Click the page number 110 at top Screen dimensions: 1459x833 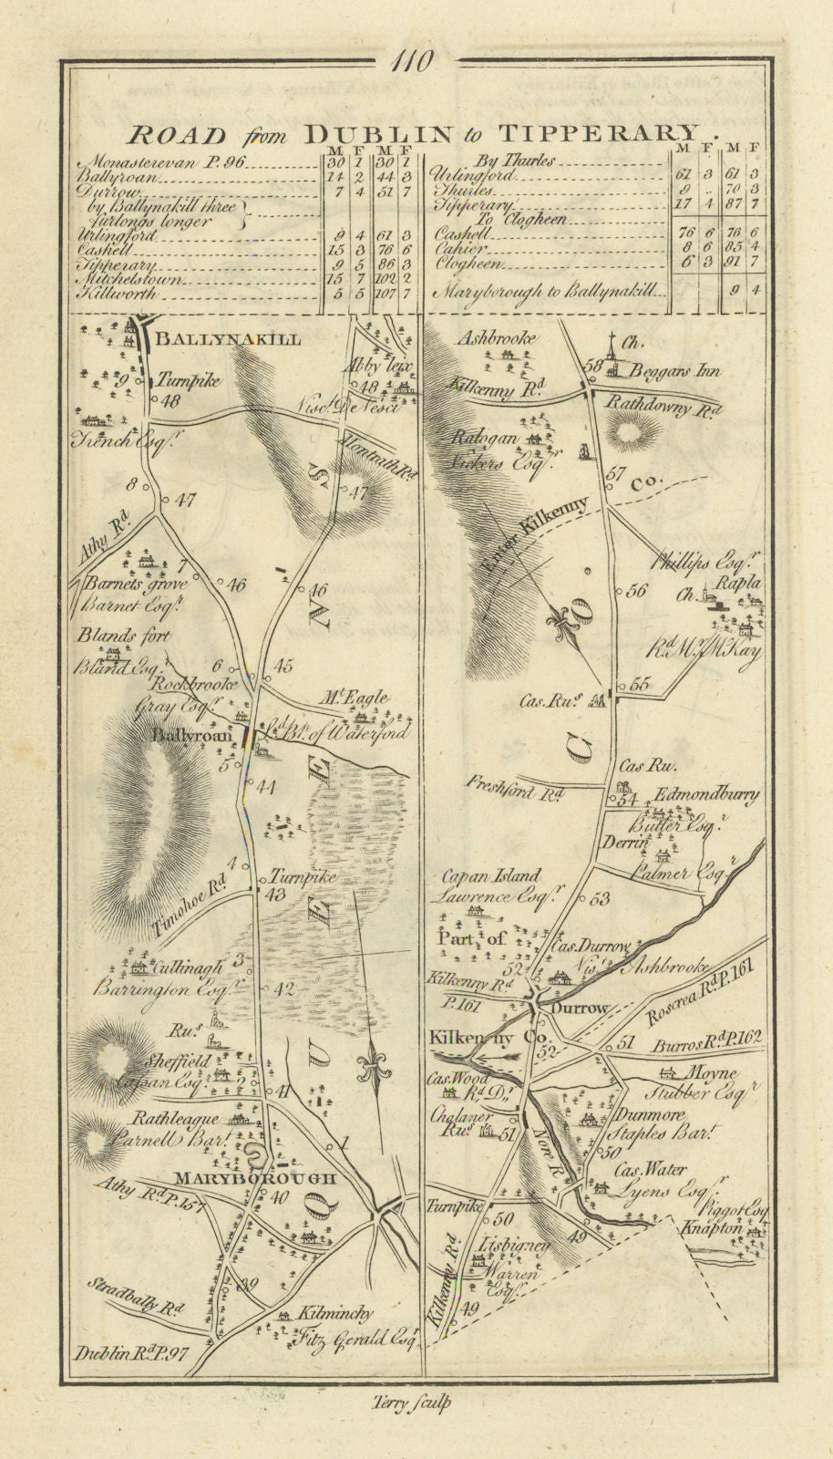[413, 62]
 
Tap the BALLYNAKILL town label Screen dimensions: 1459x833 [227, 339]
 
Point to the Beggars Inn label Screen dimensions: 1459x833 [675, 370]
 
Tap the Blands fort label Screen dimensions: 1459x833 [123, 636]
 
